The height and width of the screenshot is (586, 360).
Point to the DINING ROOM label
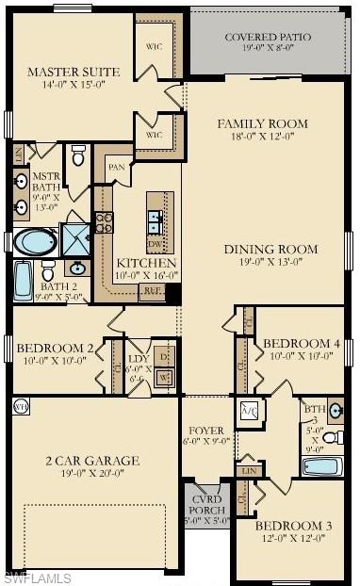(x=270, y=249)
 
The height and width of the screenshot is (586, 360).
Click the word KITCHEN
(x=145, y=263)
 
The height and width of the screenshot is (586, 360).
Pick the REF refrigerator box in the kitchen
(x=151, y=292)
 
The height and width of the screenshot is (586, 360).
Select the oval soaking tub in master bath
(x=34, y=242)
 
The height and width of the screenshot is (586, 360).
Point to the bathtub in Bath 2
(x=23, y=281)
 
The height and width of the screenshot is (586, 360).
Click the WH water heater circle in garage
(x=21, y=408)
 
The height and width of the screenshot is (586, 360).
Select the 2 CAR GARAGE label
(x=93, y=461)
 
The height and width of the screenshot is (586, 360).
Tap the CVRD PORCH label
(x=205, y=504)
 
